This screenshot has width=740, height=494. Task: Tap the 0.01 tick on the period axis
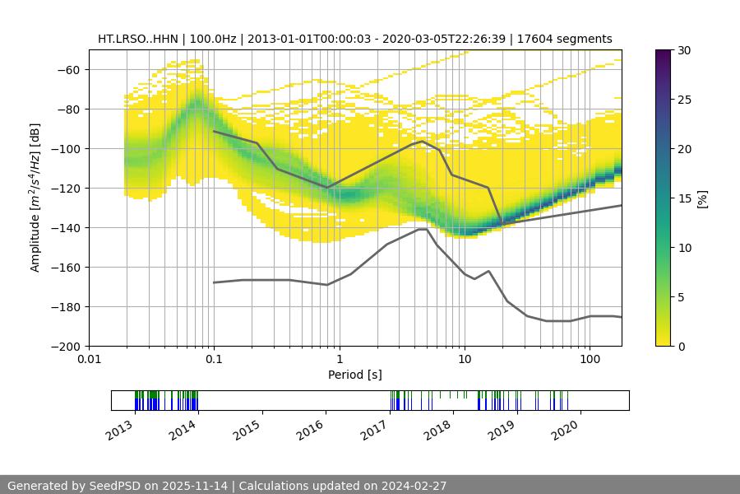[x=89, y=359]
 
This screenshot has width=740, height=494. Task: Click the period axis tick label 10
[x=464, y=359]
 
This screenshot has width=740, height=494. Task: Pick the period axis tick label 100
[x=589, y=359]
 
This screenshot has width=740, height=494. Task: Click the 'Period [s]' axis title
[x=355, y=375]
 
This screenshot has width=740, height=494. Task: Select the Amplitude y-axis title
[x=35, y=198]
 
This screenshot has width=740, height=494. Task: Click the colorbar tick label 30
[x=684, y=50]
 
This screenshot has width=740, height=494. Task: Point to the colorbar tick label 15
[x=684, y=198]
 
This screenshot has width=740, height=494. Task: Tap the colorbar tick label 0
[x=681, y=346]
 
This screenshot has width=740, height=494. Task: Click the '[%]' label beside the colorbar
[x=701, y=198]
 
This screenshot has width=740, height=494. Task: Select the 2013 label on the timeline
[x=120, y=428]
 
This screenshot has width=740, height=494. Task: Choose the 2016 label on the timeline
[x=311, y=428]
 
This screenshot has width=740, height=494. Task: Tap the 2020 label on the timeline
[x=566, y=428]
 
